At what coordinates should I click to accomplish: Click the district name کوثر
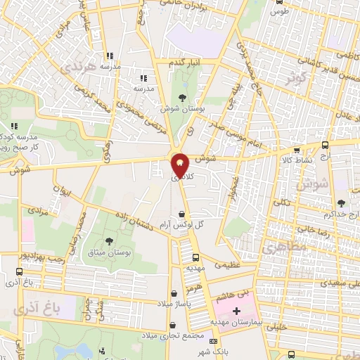296,78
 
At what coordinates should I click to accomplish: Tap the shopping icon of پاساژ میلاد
174,294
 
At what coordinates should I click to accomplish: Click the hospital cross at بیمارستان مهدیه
236,311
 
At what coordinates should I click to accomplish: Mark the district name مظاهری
280,250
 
